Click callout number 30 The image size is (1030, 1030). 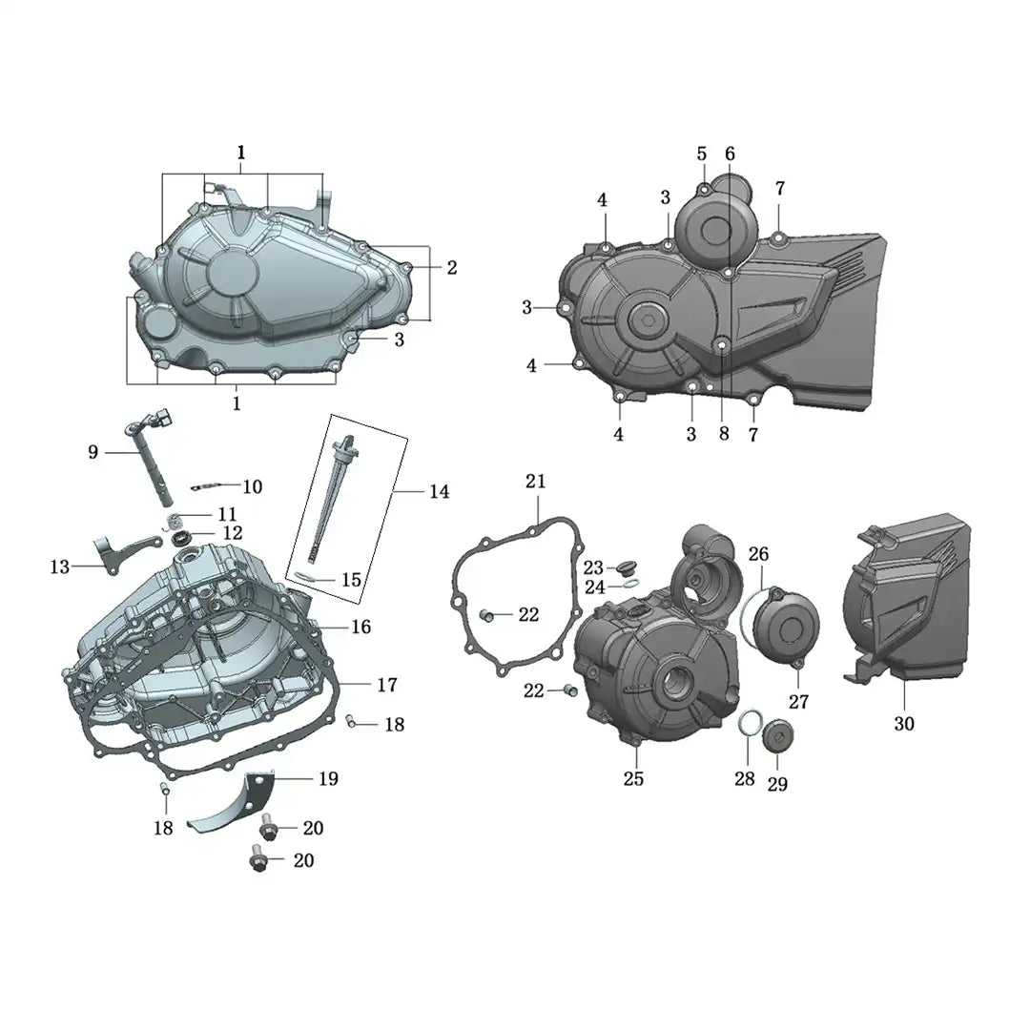904,723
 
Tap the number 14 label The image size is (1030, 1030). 440,491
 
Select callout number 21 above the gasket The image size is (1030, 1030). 535,482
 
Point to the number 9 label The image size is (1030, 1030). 93,452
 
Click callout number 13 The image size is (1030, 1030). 60,566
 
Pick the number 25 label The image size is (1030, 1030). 633,778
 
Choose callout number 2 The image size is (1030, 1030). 452,267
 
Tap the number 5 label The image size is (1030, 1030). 702,154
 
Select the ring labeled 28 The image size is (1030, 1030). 749,725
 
